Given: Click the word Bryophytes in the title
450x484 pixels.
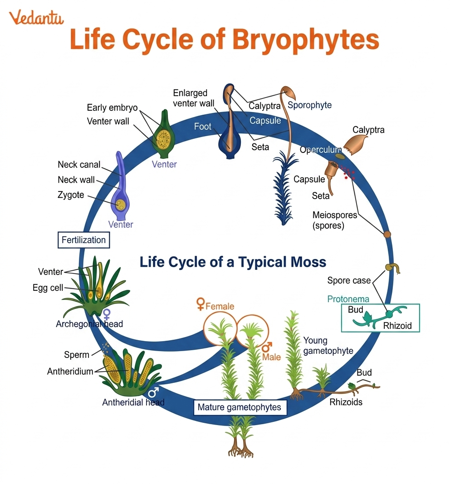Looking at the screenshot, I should (x=305, y=40).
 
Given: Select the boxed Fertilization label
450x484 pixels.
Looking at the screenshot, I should (x=83, y=240).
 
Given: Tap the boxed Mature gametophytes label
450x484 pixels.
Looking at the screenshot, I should (x=239, y=407).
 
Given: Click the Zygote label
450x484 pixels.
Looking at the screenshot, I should (x=70, y=195).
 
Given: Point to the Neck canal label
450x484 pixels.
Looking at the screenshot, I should (x=79, y=165).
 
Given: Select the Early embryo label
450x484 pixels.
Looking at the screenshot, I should (x=112, y=108).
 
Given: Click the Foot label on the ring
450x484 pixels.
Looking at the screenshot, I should (x=203, y=127).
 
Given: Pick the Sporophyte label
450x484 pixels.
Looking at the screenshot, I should (x=310, y=105).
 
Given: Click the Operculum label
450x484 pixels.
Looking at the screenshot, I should (x=320, y=150).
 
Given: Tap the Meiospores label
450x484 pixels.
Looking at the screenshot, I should (x=335, y=215).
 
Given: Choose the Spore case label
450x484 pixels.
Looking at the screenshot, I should (x=349, y=281).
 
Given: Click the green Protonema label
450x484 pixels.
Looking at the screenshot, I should (x=348, y=299).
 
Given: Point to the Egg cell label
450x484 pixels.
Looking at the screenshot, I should (x=48, y=288).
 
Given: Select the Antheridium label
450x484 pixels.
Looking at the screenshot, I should (x=70, y=372).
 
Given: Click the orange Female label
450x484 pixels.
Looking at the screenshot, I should (x=220, y=306).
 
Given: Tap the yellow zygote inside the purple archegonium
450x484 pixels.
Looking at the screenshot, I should (x=121, y=205).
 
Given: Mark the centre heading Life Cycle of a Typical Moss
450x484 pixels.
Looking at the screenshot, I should (x=232, y=262).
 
